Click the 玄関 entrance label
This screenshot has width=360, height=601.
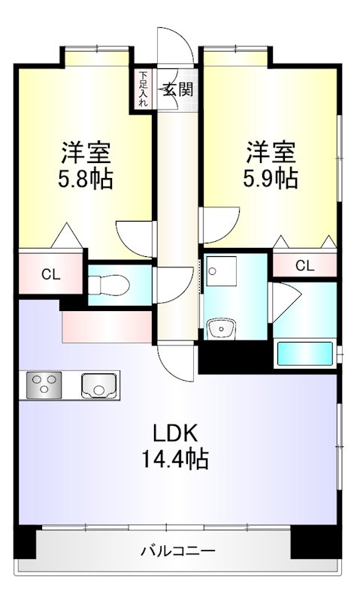tap(178, 89)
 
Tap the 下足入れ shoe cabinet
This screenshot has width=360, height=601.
tap(143, 89)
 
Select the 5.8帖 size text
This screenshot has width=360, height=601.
tap(86, 179)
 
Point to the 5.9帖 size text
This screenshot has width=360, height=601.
tap(271, 178)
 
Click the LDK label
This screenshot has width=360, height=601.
tap(176, 433)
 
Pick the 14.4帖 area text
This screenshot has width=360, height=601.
tap(175, 459)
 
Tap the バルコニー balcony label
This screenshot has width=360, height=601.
tap(178, 551)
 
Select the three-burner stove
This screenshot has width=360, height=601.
tap(44, 385)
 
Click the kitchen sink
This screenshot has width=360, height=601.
tap(98, 385)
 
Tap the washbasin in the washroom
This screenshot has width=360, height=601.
tap(221, 328)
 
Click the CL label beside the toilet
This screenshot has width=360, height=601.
tap(51, 274)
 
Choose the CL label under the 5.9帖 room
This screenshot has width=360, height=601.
tap(305, 265)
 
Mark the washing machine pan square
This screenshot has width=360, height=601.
tap(221, 271)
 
